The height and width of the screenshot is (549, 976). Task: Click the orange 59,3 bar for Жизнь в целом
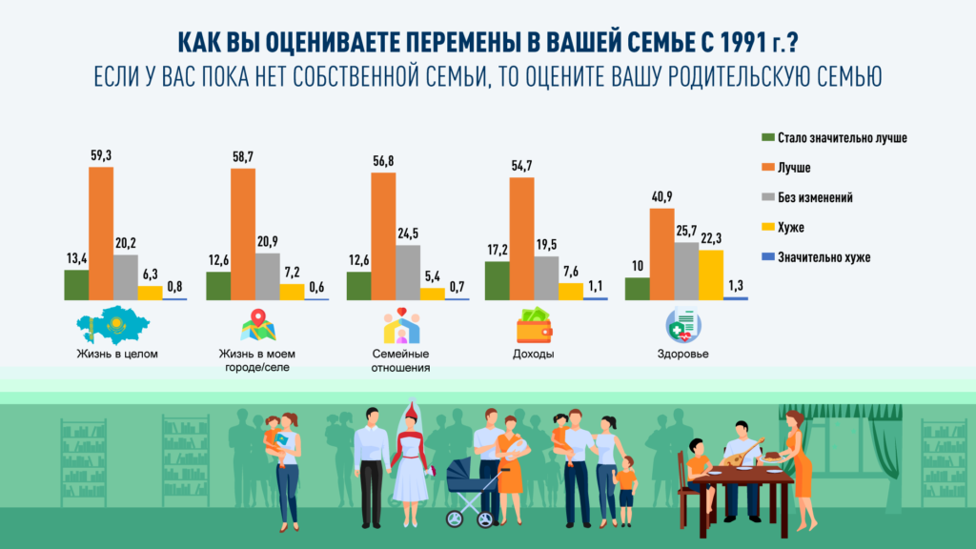(101, 234)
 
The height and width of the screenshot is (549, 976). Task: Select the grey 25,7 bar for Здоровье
(686, 271)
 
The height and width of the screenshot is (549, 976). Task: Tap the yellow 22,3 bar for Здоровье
(711, 274)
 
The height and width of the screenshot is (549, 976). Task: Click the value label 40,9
(661, 197)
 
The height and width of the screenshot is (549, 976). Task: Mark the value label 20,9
(268, 242)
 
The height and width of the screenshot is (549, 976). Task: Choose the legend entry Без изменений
(815, 197)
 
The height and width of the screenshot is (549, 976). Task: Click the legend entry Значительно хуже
(823, 256)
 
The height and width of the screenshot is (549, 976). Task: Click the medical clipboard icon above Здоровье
(683, 326)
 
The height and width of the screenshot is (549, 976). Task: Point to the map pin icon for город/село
(258, 325)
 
